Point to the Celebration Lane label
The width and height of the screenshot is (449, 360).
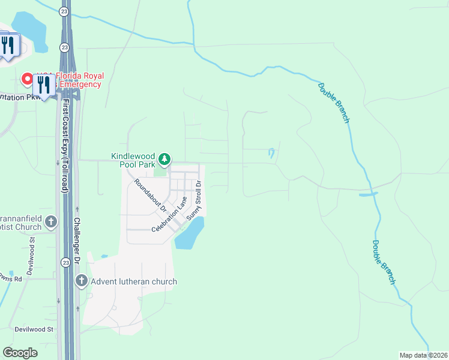(x=170, y=214)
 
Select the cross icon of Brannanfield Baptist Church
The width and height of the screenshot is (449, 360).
(x=51, y=221)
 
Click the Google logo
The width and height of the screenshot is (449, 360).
(x=20, y=353)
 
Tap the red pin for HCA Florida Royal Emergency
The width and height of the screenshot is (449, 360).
(x=27, y=79)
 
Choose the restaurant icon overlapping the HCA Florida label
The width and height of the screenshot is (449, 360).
(x=43, y=83)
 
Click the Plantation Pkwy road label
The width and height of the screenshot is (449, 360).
(x=20, y=97)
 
